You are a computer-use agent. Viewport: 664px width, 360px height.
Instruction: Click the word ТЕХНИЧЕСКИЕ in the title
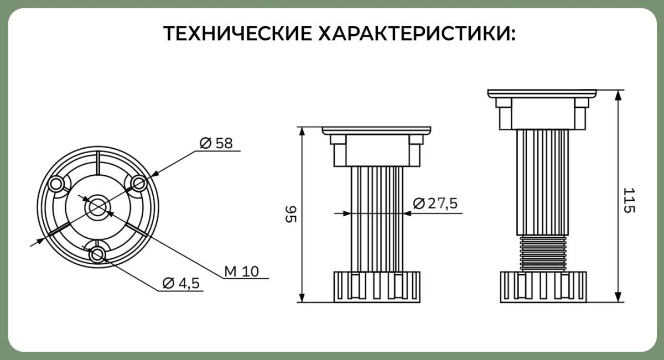237,33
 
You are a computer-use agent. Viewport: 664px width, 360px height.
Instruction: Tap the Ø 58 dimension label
216,143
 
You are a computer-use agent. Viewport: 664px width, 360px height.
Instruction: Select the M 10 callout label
242,271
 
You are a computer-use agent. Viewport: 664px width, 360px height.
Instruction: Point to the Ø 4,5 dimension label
181,283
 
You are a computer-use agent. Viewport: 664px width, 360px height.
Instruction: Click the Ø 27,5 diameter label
435,204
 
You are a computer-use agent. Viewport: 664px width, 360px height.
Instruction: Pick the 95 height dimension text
291,213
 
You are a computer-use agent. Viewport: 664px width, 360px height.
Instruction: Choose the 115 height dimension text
629,200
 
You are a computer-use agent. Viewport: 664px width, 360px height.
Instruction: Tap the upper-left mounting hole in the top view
56,184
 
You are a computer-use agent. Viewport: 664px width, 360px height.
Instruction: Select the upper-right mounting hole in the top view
139,184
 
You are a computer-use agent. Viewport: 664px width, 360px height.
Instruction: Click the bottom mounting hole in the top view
97,254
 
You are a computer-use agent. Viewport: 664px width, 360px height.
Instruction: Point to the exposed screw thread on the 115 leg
543,253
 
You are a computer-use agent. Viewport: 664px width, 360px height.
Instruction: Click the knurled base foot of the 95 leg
377,287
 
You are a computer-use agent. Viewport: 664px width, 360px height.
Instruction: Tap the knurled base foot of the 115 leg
543,287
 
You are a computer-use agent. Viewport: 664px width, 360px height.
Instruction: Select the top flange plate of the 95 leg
376,131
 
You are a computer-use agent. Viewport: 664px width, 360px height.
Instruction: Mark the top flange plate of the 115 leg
542,93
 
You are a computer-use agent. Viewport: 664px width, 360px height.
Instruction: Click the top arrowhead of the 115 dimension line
618,96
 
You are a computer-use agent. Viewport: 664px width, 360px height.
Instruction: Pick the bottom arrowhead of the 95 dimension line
302,297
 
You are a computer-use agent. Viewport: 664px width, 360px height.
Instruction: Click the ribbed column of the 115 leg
543,182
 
